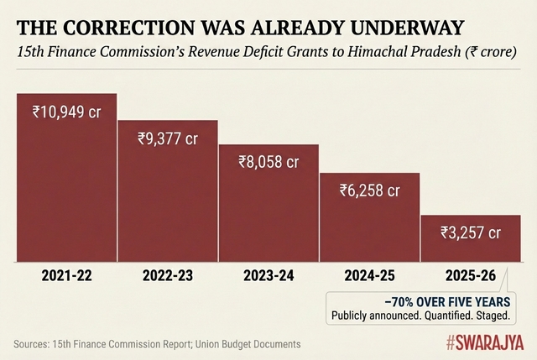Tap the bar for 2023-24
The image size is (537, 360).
coord(268,206)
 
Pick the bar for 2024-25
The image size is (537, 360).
coord(369,220)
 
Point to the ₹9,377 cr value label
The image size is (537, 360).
coord(168,138)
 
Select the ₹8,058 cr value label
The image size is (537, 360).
coord(269,162)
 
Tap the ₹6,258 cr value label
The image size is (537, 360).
coord(370,190)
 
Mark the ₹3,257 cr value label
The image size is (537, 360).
coord(471,232)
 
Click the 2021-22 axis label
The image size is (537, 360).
coord(67,276)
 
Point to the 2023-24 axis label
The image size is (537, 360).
coord(268,276)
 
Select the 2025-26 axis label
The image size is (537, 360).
coord(471,276)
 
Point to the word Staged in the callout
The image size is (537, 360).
coord(491,315)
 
